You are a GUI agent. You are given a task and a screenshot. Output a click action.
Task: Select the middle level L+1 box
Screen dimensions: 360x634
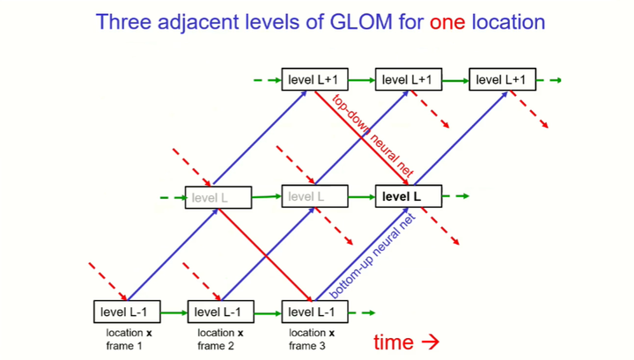coord(409,80)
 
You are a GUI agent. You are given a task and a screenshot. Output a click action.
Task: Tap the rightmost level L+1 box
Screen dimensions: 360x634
coord(502,80)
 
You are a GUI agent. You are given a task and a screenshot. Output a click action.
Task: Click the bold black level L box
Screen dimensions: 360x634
coord(409,197)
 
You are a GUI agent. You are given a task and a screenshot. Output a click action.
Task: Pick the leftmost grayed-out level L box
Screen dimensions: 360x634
coord(217,198)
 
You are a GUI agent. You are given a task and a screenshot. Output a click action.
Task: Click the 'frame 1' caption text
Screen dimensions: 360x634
coord(128,346)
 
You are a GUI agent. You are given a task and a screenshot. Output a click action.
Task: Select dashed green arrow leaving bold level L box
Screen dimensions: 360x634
coord(458,197)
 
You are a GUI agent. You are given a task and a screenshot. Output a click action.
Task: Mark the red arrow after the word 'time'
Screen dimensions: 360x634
coord(431,342)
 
